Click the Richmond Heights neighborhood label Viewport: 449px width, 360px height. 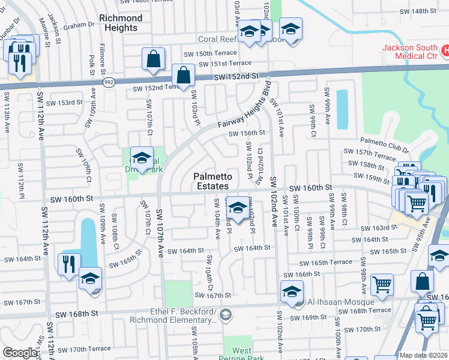coord(123,23)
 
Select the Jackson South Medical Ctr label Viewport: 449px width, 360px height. coord(412,52)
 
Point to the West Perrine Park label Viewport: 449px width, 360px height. coord(242,354)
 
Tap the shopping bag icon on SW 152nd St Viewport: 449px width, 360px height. coord(183,76)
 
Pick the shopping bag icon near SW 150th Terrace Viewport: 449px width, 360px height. coord(154,59)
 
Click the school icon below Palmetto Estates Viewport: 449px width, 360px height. coord(238,208)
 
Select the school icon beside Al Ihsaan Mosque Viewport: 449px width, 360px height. coord(291,292)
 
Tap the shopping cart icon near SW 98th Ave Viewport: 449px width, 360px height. coord(381,284)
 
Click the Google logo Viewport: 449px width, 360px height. coord(20,353)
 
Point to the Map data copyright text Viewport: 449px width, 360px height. coord(423,355)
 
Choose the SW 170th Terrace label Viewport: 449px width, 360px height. coord(90,349)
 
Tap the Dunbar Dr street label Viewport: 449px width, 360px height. coord(10,25)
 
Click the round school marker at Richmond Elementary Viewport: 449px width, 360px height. coord(226,314)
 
